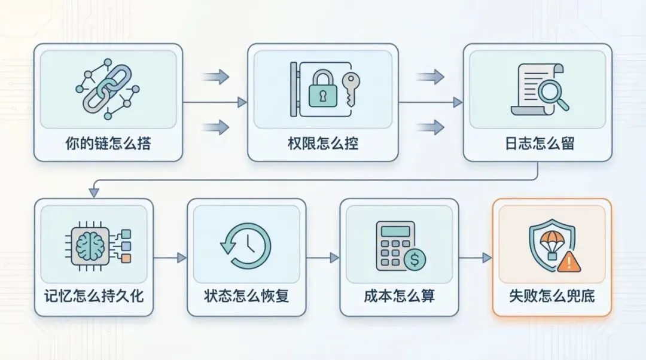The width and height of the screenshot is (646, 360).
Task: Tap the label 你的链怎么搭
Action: pyautogui.click(x=108, y=144)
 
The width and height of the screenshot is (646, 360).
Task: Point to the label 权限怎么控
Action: pyautogui.click(x=323, y=144)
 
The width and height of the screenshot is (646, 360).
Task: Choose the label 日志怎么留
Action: pyautogui.click(x=538, y=144)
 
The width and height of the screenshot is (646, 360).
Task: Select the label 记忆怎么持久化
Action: pyautogui.click(x=94, y=295)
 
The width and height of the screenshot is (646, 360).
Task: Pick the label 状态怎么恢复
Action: pyautogui.click(x=246, y=295)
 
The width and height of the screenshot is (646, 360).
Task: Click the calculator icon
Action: pyautogui.click(x=395, y=242)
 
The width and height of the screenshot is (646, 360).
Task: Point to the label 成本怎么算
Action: pyautogui.click(x=399, y=295)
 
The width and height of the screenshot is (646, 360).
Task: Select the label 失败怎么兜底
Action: pyautogui.click(x=552, y=295)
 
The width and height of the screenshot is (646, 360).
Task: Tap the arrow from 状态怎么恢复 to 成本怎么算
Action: pyautogui.click(x=323, y=258)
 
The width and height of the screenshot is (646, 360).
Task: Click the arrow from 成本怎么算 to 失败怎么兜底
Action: pyautogui.click(x=476, y=258)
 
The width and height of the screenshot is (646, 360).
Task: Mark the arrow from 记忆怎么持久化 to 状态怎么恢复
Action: pyautogui.click(x=170, y=258)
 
